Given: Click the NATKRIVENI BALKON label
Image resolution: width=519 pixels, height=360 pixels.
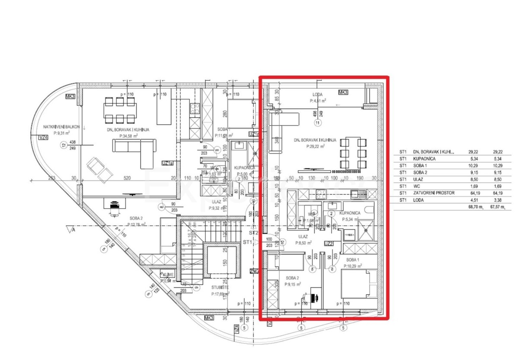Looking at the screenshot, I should pyautogui.click(x=60, y=127).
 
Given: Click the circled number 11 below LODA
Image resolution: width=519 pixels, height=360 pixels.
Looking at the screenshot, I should pyautogui.click(x=319, y=123).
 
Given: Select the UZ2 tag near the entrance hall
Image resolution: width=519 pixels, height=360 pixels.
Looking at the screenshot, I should pyautogui.click(x=328, y=244).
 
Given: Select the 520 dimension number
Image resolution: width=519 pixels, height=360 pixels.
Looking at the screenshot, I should pyautogui.click(x=127, y=178).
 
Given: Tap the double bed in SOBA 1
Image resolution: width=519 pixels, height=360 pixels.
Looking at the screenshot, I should pyautogui.click(x=357, y=283).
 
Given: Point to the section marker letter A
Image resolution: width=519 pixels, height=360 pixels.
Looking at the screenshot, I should pyautogui.click(x=74, y=231).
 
